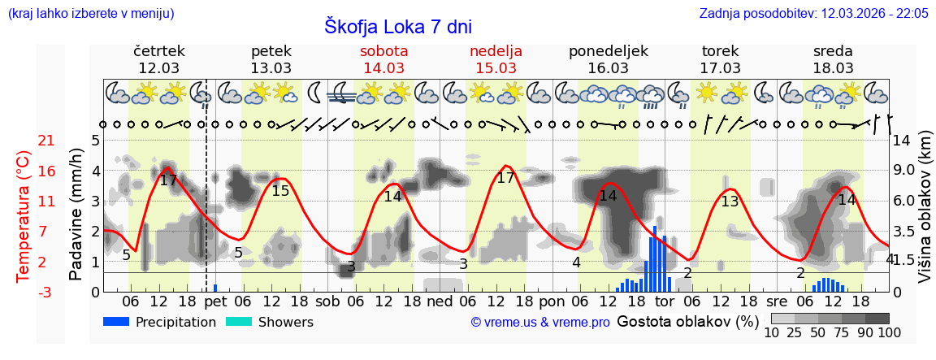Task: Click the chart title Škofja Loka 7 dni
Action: tap(398, 26)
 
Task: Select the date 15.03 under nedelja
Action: tap(496, 68)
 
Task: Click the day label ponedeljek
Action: tap(609, 51)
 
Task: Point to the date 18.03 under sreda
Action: tap(833, 68)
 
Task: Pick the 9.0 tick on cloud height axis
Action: tap(905, 170)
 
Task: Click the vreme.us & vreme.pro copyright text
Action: tap(540, 323)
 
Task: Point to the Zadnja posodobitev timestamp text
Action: tap(813, 13)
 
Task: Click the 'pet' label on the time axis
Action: tap(215, 301)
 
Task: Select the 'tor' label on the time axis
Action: tap(665, 301)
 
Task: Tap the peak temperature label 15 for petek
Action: tap(280, 191)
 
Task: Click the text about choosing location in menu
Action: tap(90, 13)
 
